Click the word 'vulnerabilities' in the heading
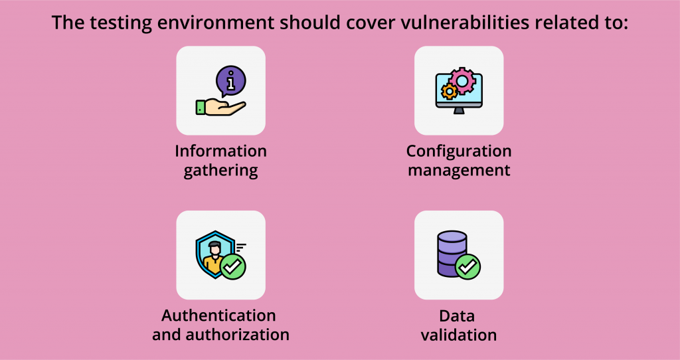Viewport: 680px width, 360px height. tap(465, 23)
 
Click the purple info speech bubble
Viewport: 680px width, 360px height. tap(230, 80)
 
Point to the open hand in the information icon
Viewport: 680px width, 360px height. tap(220, 107)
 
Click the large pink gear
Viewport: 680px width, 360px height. tap(462, 80)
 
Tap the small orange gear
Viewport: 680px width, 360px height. tap(450, 91)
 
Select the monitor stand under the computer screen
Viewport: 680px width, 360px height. tap(459, 111)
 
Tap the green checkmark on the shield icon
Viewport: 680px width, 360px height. tap(233, 266)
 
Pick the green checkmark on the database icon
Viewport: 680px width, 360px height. tap(467, 266)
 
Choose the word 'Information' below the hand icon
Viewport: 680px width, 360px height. tap(220, 151)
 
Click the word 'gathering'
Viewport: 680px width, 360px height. tap(220, 171)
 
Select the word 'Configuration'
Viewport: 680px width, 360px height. tap(459, 152)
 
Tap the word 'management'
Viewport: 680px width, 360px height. tap(459, 171)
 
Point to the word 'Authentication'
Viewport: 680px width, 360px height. tap(218, 315)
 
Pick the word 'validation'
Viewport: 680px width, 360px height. tap(459, 335)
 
